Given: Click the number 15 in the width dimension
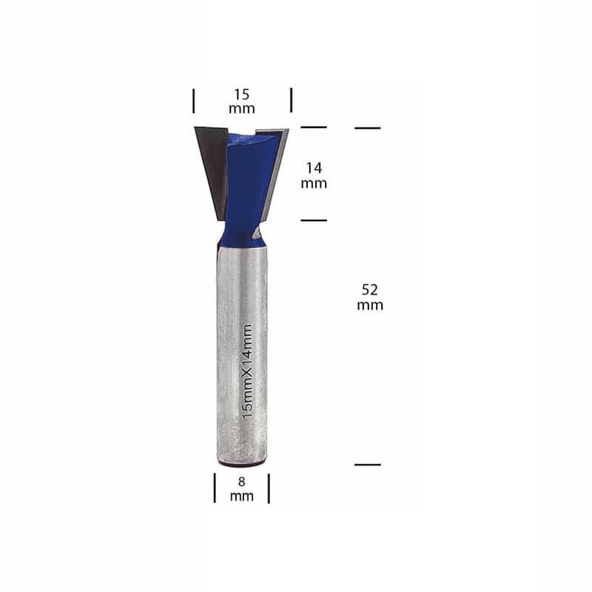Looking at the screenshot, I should tap(241, 95).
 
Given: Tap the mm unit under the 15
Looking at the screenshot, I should tap(241, 109).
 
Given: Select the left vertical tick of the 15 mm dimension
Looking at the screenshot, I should tap(194, 100).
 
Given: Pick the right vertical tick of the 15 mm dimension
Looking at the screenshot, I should tap(291, 100).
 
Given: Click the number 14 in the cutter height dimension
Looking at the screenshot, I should tap(314, 168).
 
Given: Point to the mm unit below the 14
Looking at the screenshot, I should tap(314, 184).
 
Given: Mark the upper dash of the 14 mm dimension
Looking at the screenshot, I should tap(314, 127).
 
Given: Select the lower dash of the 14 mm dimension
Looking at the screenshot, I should tap(314, 220).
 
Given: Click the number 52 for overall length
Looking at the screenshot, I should tap(369, 289).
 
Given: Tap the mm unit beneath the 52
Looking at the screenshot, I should tap(369, 305).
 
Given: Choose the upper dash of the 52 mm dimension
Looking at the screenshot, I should tap(367, 128).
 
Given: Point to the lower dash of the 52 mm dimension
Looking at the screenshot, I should tap(367, 465).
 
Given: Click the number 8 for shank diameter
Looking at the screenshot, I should tap(241, 482).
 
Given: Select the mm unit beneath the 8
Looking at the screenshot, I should tap(241, 497).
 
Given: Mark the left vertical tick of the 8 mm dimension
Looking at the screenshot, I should tap(215, 488).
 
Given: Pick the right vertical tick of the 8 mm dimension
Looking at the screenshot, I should tap(269, 488).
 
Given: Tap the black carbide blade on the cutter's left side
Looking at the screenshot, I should tap(212, 166).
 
